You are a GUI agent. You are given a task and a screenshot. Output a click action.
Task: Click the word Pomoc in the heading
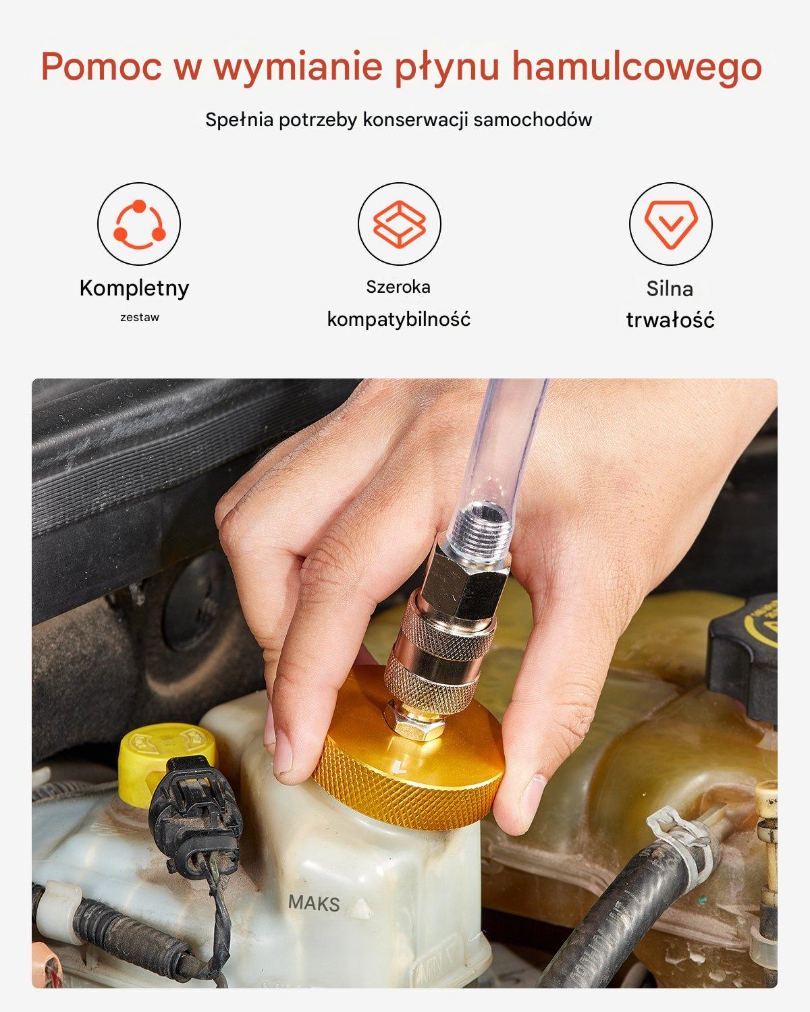tap(101, 67)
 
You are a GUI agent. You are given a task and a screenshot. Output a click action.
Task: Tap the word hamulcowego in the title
tap(637, 67)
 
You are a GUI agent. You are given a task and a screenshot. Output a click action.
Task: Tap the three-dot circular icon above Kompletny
tap(139, 224)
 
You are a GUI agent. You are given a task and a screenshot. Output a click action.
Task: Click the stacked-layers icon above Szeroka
tap(400, 224)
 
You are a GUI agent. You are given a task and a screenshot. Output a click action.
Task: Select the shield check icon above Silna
tap(671, 225)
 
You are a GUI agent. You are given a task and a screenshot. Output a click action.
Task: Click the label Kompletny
tap(134, 288)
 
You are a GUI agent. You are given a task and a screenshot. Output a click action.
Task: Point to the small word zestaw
tap(140, 317)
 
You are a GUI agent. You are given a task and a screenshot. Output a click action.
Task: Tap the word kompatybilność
tap(399, 320)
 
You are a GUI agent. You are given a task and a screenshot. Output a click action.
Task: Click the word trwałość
tap(670, 320)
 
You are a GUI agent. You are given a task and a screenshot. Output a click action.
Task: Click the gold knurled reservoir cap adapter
tap(408, 748)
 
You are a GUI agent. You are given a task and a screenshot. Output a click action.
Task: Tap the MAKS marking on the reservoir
tap(314, 903)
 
